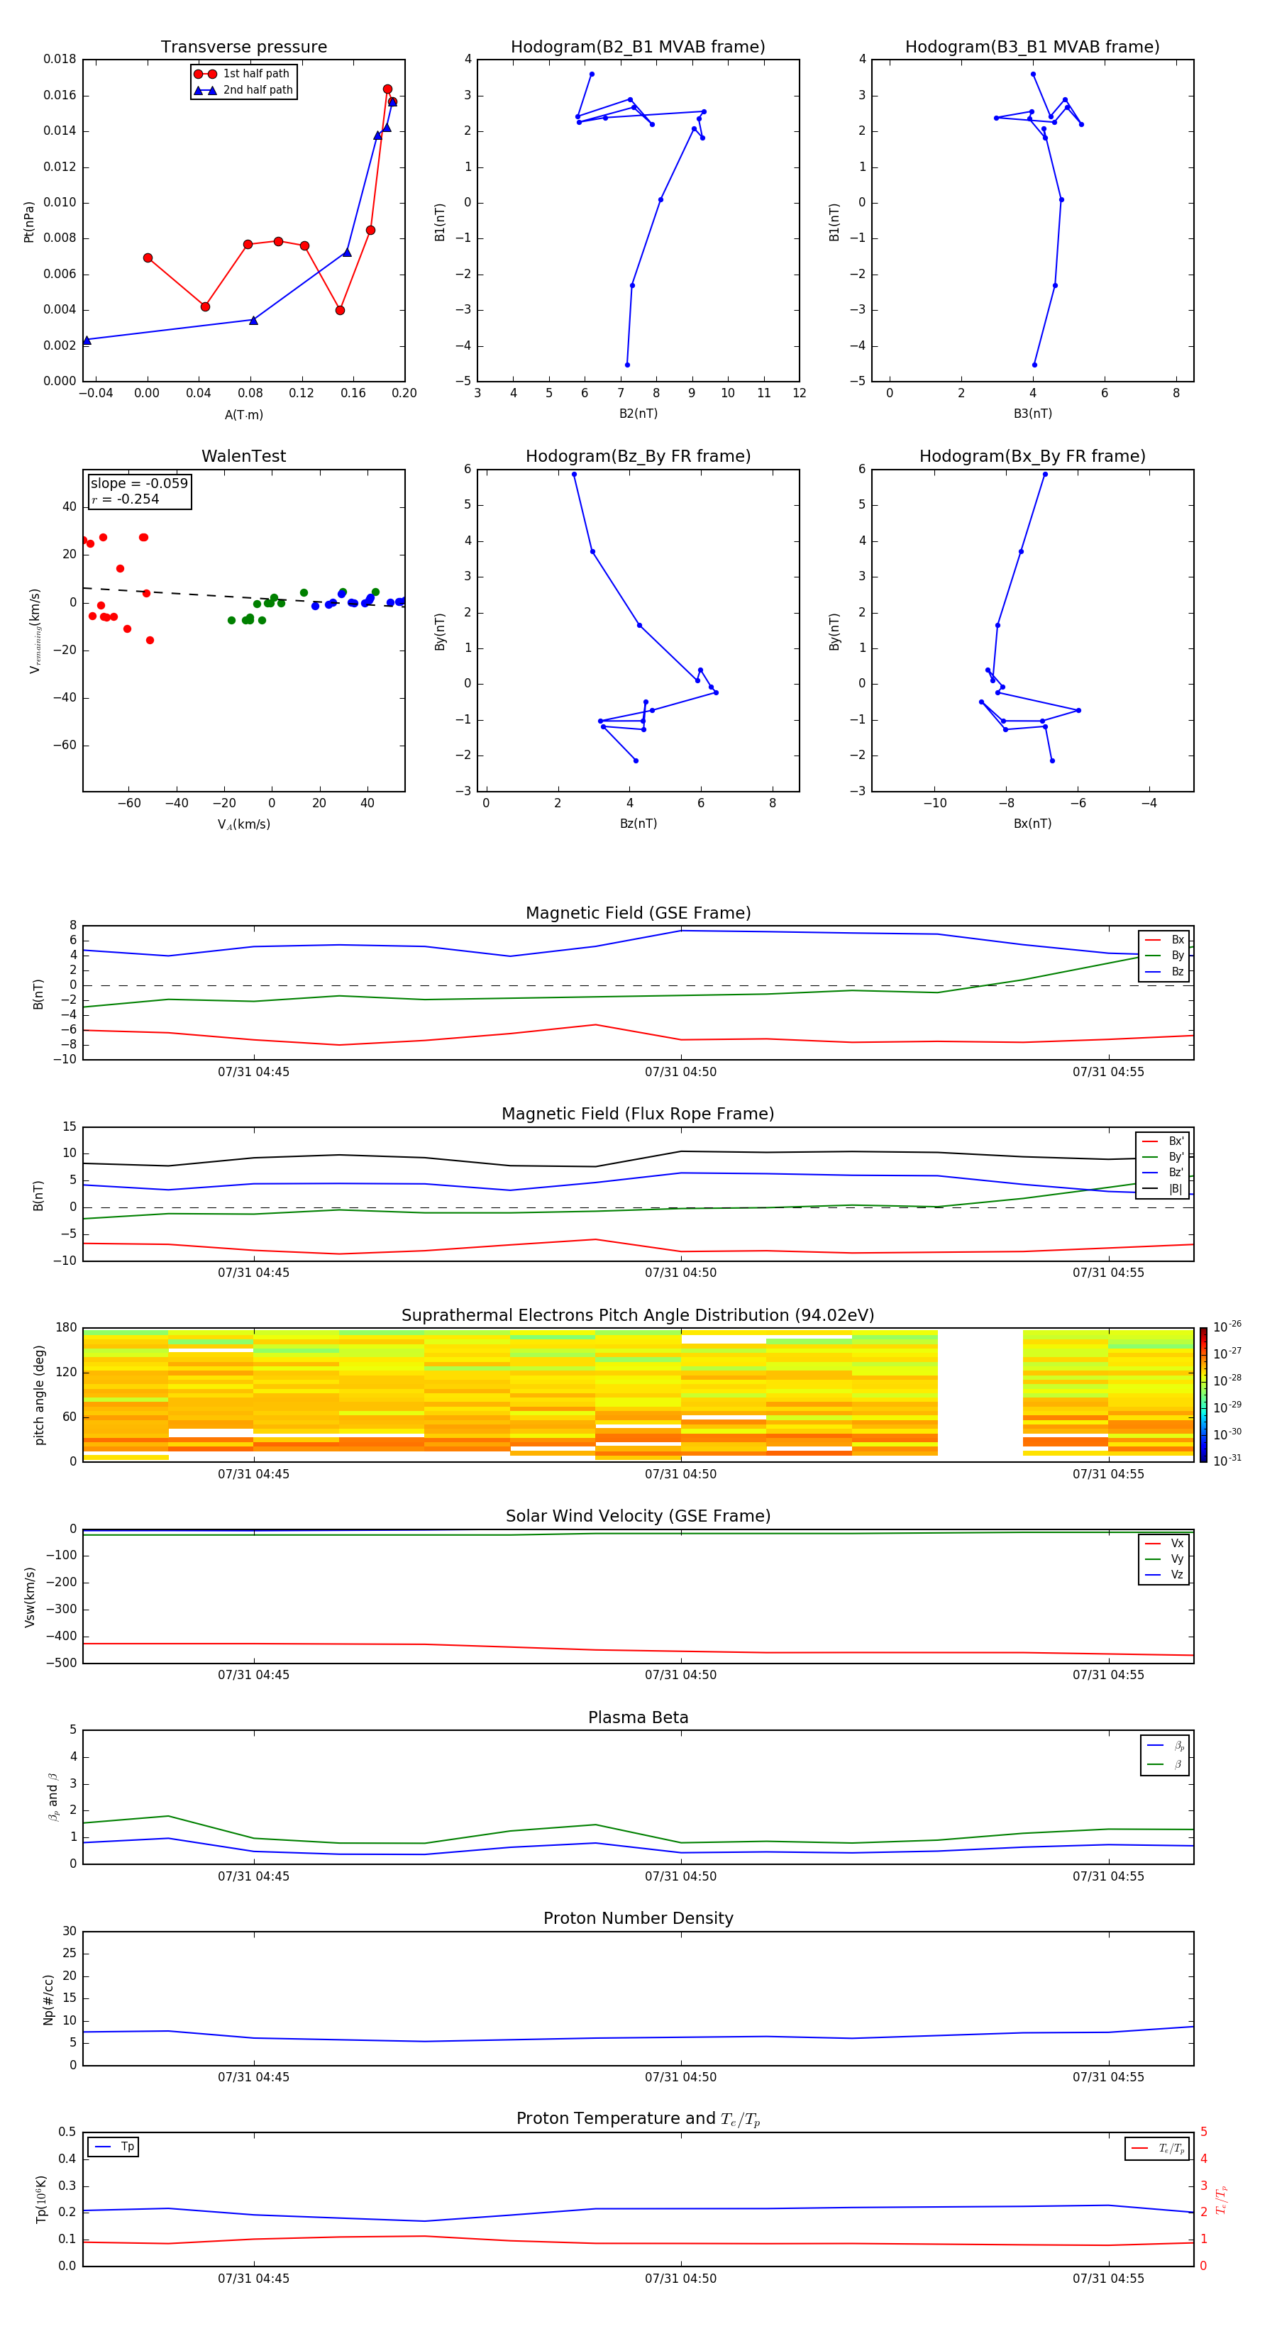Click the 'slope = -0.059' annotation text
(x=139, y=484)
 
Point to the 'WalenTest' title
(x=243, y=456)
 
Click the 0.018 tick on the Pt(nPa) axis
(x=60, y=59)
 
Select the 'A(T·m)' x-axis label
(x=243, y=415)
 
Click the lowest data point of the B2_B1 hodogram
(x=627, y=365)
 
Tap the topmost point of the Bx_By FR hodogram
(x=1045, y=475)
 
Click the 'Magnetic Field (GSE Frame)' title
(x=637, y=913)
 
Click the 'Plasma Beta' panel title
(x=637, y=1717)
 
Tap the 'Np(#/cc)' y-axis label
(x=48, y=1999)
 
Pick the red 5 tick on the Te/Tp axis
(x=1203, y=2132)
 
